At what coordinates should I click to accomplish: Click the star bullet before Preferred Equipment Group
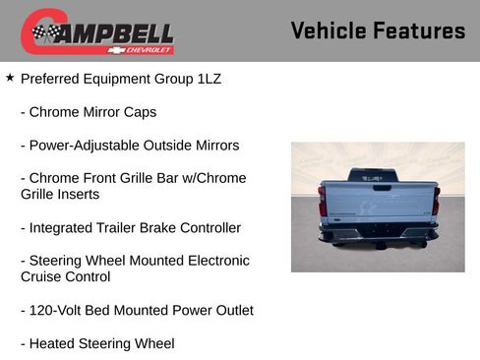click(x=10, y=77)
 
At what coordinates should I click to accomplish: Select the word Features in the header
click(x=420, y=30)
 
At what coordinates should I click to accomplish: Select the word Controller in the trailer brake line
click(x=206, y=228)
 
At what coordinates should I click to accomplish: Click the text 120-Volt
click(x=60, y=311)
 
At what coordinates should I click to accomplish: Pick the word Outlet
click(x=230, y=311)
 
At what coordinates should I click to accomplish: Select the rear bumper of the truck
click(x=378, y=234)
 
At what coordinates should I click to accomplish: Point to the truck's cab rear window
click(x=379, y=176)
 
